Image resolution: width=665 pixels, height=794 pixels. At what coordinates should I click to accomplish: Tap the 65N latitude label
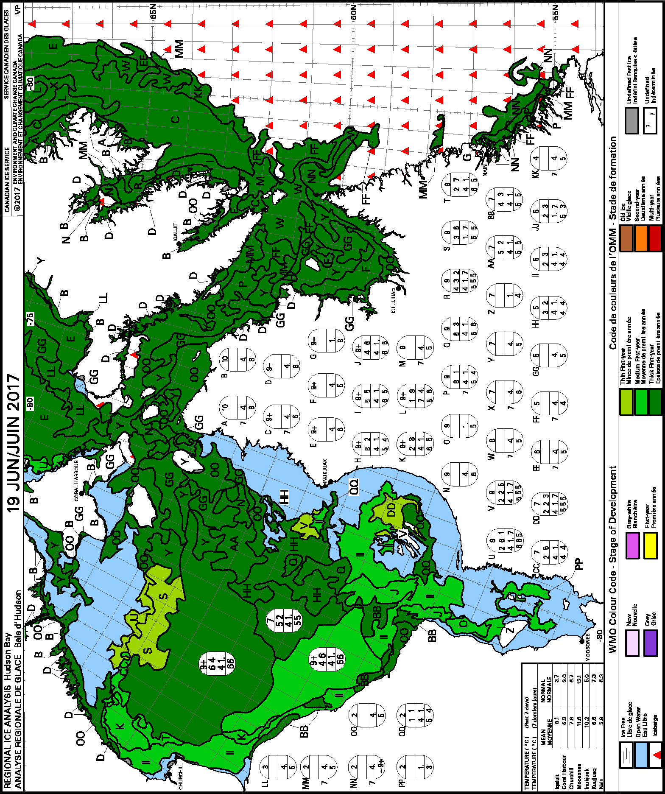(x=153, y=11)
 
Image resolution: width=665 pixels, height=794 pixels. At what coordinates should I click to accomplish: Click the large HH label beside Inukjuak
(x=284, y=496)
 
